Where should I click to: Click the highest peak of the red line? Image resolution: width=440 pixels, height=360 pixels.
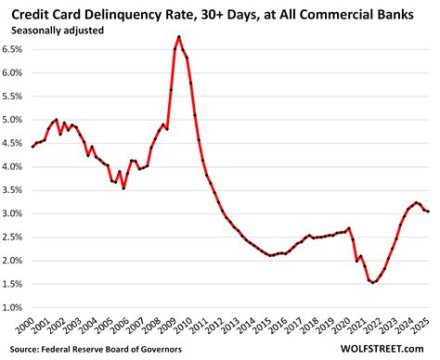[x=178, y=36]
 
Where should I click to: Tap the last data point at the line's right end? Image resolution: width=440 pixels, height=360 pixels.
[x=428, y=212]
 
